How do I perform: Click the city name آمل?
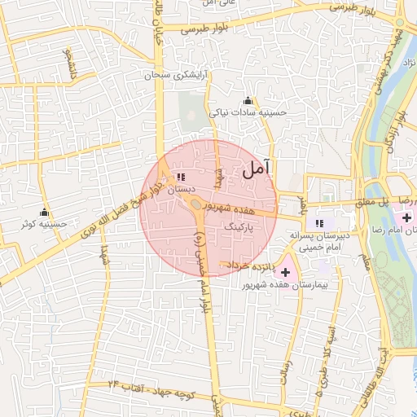click(x=255, y=169)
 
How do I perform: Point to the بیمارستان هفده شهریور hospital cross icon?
click(x=285, y=270)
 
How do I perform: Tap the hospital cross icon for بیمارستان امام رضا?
click(x=406, y=217)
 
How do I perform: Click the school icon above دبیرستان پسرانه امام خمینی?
click(x=320, y=222)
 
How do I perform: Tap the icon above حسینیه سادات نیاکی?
click(x=248, y=100)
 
